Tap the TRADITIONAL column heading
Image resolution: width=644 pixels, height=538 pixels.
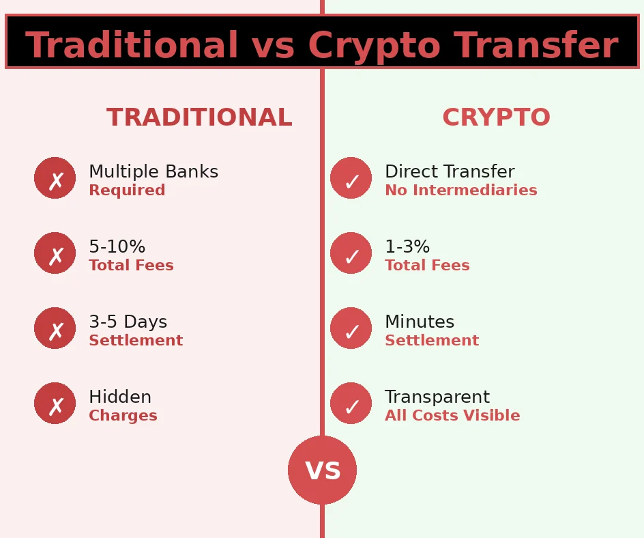[199, 118]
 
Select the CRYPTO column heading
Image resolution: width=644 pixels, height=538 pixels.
[496, 118]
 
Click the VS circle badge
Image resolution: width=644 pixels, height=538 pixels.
[322, 470]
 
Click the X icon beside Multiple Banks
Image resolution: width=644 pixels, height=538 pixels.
[55, 178]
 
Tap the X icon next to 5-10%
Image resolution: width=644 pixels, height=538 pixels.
[55, 253]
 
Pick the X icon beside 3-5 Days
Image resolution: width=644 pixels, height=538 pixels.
[55, 328]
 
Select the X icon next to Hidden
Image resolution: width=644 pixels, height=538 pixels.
[55, 403]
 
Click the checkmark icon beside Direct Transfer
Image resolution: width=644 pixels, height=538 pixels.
[351, 178]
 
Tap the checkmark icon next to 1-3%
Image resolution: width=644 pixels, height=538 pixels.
[351, 253]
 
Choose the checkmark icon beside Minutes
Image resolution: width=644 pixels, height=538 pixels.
[351, 328]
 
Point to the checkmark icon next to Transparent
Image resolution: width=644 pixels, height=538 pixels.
[351, 403]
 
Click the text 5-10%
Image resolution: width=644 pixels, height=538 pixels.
[117, 247]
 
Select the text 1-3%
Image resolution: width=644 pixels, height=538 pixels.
[407, 247]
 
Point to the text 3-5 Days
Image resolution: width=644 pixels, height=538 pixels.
[128, 322]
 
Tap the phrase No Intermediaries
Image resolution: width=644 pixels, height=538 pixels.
[460, 190]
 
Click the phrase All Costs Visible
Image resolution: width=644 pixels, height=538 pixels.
[452, 416]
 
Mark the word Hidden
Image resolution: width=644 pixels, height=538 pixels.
[120, 397]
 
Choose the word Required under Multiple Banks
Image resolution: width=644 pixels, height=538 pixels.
[127, 190]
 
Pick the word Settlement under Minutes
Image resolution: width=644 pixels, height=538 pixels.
[432, 341]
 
